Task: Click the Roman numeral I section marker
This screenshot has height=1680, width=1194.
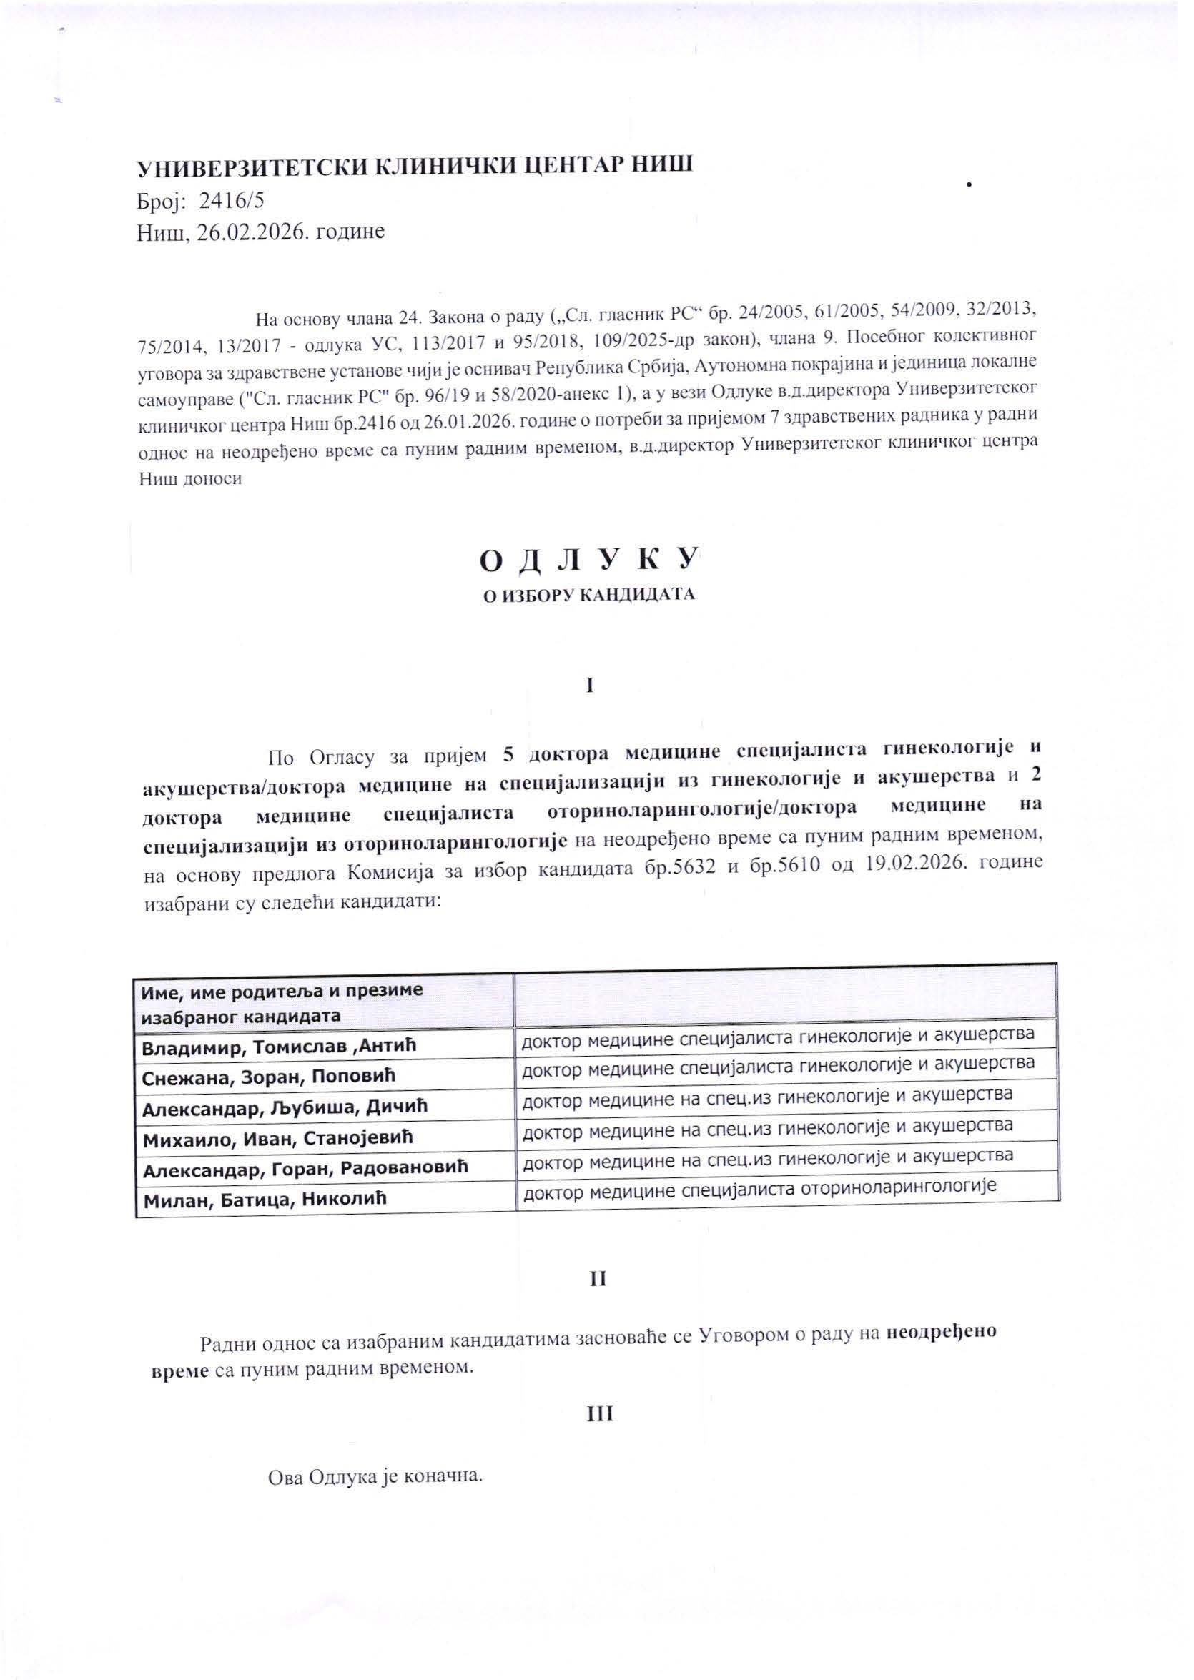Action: [x=589, y=686]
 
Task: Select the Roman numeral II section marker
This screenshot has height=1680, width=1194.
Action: [x=598, y=1278]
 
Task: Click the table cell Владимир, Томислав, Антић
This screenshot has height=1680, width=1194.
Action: [x=280, y=1045]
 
